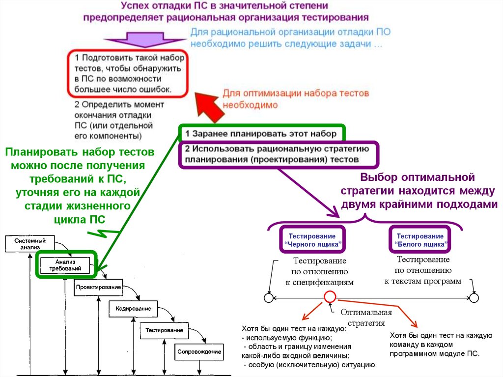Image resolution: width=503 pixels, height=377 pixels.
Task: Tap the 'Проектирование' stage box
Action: tap(98, 287)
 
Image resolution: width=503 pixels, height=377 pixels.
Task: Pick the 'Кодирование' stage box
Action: tap(133, 309)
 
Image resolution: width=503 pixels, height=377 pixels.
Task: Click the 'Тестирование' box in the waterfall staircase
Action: tap(165, 330)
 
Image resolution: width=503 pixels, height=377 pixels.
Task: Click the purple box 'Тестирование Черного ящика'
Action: tap(312, 240)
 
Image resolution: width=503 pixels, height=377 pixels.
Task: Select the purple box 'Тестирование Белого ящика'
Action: tap(420, 240)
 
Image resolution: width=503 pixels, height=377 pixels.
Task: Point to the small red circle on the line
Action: tap(330, 297)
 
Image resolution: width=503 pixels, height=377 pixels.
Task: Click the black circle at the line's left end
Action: tap(268, 297)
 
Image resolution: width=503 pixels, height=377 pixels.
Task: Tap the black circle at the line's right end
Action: tap(474, 298)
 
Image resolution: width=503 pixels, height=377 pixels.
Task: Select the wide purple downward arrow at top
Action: tap(142, 41)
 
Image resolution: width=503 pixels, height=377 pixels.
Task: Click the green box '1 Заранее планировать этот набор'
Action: tap(261, 134)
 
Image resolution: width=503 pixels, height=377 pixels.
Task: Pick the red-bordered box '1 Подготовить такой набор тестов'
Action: tap(127, 73)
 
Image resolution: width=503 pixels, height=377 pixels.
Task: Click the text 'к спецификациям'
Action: tap(319, 282)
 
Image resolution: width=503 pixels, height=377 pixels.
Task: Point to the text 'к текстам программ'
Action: tap(422, 281)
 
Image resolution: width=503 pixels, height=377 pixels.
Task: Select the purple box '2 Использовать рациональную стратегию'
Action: tap(278, 154)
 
